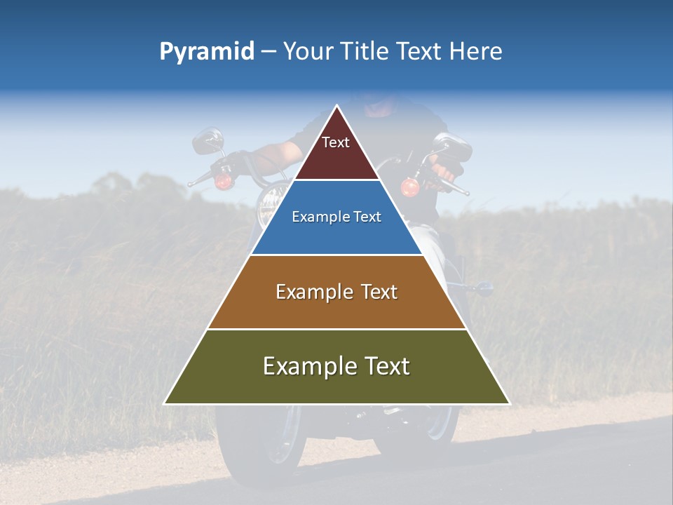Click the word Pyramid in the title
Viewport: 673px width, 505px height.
[206, 52]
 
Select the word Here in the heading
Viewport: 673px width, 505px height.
[475, 52]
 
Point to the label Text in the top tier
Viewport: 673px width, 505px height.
[336, 142]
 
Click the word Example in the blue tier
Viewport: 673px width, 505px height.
[314, 217]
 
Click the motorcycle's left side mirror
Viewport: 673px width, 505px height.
[207, 140]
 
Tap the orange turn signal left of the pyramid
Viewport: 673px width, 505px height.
[224, 182]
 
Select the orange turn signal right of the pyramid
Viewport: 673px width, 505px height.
[409, 187]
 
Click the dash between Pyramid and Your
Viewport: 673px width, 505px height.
[268, 52]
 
